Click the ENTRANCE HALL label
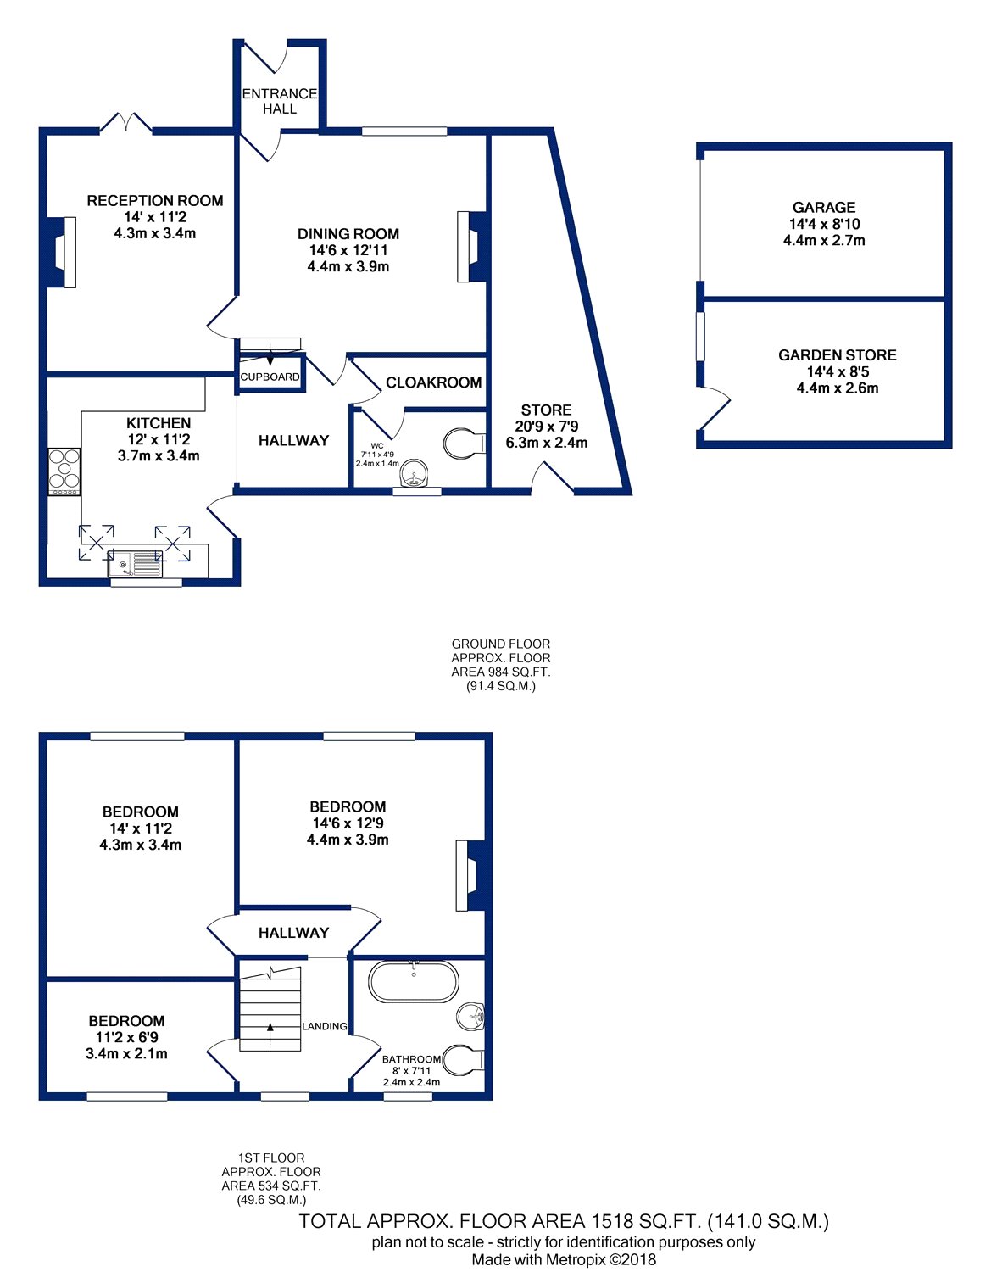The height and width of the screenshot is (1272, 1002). (280, 101)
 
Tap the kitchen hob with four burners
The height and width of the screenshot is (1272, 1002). (64, 471)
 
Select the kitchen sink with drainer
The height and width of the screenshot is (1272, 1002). (135, 563)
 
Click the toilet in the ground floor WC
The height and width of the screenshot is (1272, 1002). (465, 444)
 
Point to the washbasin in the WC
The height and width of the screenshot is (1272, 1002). (416, 475)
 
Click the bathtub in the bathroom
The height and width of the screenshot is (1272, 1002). (413, 981)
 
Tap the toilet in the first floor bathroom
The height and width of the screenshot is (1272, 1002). (463, 1060)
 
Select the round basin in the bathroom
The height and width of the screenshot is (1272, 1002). (470, 1017)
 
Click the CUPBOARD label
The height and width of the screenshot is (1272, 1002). (270, 377)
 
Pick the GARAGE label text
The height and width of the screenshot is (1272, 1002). (824, 208)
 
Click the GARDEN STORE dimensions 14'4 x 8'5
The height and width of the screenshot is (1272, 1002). (838, 371)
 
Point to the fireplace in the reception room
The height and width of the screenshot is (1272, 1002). (61, 253)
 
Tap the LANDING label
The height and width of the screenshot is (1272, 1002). (325, 1026)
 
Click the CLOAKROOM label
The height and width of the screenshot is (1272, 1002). (433, 382)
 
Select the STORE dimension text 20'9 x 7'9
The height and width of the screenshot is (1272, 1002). (547, 427)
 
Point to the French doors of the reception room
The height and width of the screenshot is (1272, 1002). (125, 122)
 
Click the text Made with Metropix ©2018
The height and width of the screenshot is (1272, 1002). (564, 1259)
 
